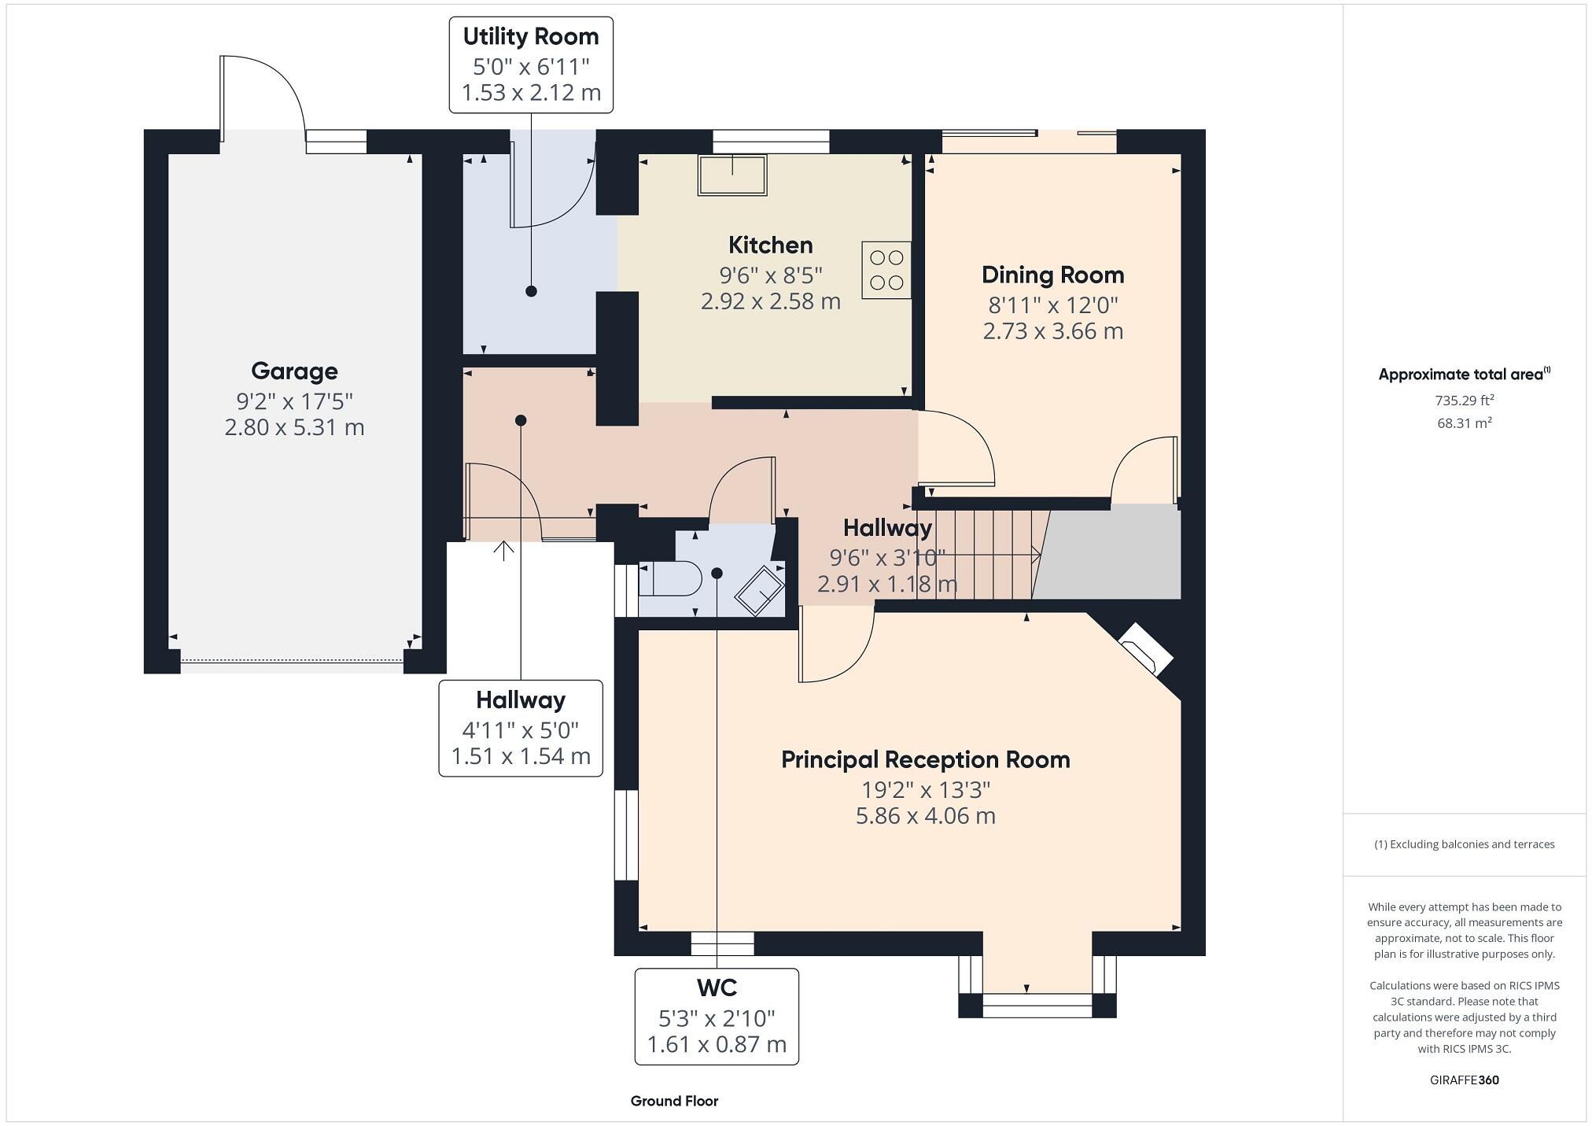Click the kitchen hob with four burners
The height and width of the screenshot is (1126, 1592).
click(x=886, y=270)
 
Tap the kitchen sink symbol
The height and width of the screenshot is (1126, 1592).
click(x=732, y=175)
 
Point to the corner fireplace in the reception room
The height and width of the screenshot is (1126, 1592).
click(x=1145, y=648)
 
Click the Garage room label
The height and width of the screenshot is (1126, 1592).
click(x=294, y=371)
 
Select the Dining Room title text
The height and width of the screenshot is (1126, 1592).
click(x=1052, y=275)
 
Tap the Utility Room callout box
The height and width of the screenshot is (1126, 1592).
click(x=531, y=65)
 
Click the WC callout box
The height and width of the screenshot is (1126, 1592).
click(x=717, y=1016)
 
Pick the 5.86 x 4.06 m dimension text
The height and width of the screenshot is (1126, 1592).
click(x=925, y=816)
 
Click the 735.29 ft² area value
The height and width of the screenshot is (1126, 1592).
click(x=1464, y=401)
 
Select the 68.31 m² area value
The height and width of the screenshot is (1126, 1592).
click(x=1464, y=423)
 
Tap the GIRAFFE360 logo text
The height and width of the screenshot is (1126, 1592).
click(x=1464, y=1080)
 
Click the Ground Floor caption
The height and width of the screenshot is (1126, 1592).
click(x=674, y=1101)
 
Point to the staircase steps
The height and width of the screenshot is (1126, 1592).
click(x=983, y=555)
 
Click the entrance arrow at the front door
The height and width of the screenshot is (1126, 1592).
click(x=503, y=550)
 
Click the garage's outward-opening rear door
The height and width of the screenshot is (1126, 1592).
click(x=262, y=94)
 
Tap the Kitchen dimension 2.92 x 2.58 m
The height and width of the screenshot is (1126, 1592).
click(x=770, y=301)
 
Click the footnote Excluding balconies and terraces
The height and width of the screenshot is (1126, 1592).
click(x=1464, y=844)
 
